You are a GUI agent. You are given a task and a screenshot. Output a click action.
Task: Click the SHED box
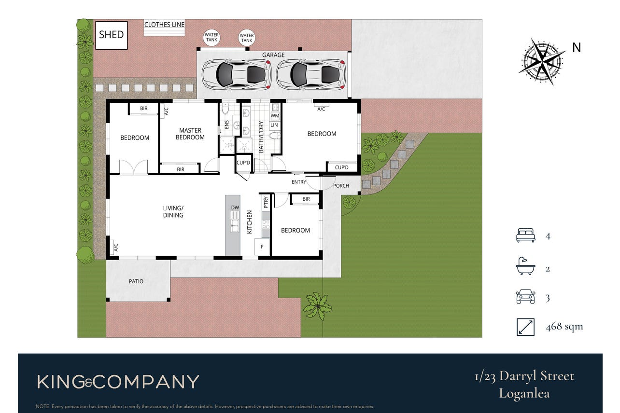pos(111,35)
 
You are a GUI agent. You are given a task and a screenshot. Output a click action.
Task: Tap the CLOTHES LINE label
pos(164,25)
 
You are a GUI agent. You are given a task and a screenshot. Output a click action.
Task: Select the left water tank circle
pos(212,37)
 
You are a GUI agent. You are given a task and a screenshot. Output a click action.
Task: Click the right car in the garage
pos(310,75)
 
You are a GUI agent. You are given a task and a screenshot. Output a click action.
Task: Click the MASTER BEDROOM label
pos(190,134)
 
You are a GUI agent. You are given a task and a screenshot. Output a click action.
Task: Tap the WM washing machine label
pos(275,116)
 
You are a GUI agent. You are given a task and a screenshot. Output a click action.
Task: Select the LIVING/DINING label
pos(173,212)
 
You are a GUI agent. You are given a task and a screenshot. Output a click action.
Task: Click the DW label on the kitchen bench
pos(235,207)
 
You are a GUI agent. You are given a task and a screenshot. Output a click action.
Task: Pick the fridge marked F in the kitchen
pos(262,247)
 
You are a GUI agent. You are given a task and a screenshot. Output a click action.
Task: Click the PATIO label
pos(136,281)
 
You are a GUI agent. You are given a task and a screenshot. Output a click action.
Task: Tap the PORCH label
pos(341,186)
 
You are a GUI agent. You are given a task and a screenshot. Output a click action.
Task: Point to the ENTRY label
pos(298,182)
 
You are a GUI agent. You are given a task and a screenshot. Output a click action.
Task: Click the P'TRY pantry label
pos(266,202)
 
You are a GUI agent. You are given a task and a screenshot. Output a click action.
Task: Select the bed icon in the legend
pos(525,235)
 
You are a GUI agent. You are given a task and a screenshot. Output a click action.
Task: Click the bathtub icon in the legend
pos(525,266)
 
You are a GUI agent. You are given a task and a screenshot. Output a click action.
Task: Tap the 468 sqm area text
pos(564,327)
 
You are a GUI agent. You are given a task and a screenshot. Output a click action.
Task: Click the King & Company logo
pos(118,382)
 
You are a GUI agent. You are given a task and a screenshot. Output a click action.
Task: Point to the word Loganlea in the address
pos(524,394)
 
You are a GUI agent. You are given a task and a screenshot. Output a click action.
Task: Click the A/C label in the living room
pos(116,248)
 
